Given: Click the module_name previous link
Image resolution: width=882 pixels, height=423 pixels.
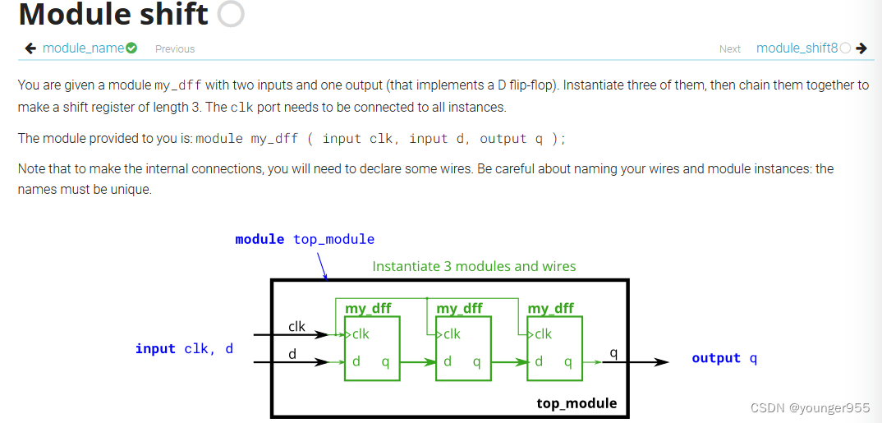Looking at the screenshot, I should click(x=83, y=48).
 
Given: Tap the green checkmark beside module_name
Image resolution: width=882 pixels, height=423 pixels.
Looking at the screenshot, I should click(x=131, y=48).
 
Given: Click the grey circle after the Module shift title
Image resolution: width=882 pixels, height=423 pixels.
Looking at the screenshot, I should click(x=232, y=14).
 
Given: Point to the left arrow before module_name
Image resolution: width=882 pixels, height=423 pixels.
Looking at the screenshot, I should click(x=30, y=48).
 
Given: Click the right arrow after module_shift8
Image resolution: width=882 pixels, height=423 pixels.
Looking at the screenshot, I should click(x=861, y=48).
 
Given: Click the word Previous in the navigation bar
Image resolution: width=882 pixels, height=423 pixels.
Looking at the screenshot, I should click(x=175, y=49).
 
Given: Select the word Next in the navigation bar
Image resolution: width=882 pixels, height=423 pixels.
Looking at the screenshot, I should click(x=730, y=49).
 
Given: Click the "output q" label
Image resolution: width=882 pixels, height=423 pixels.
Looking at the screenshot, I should click(x=724, y=358).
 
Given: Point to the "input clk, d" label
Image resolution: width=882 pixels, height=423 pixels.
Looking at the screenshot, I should click(x=184, y=349).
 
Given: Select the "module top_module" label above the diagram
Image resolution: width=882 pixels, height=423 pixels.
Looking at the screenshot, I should click(x=305, y=239).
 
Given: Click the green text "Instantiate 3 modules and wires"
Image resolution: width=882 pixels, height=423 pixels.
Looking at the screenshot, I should click(x=474, y=266).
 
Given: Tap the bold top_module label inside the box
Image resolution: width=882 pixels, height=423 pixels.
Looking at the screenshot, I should click(x=577, y=403).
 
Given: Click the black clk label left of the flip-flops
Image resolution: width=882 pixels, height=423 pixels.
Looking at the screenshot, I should click(x=296, y=326).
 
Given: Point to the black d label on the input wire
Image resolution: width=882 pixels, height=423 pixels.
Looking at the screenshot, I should click(x=292, y=353).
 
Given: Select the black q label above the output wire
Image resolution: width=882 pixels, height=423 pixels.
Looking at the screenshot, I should click(x=613, y=353).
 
